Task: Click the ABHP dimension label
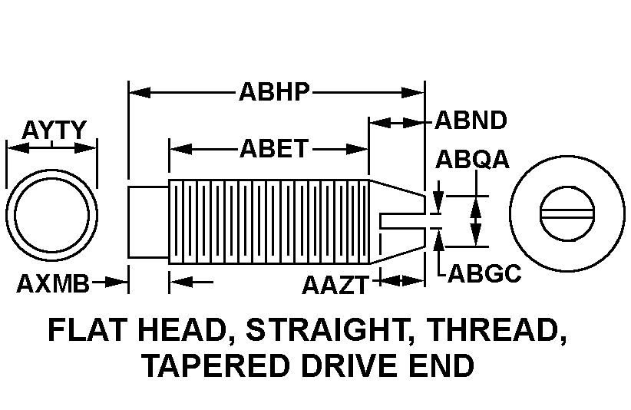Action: tap(274, 92)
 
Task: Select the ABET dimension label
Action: tap(274, 148)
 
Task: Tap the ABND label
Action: tap(471, 121)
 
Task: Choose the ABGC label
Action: tap(484, 273)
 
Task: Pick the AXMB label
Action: tap(53, 283)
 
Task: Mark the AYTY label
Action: tap(53, 130)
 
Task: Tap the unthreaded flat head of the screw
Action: tap(147, 221)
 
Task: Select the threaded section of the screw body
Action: tap(269, 221)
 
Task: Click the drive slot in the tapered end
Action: tap(403, 221)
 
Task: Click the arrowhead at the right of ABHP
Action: tap(418, 92)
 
